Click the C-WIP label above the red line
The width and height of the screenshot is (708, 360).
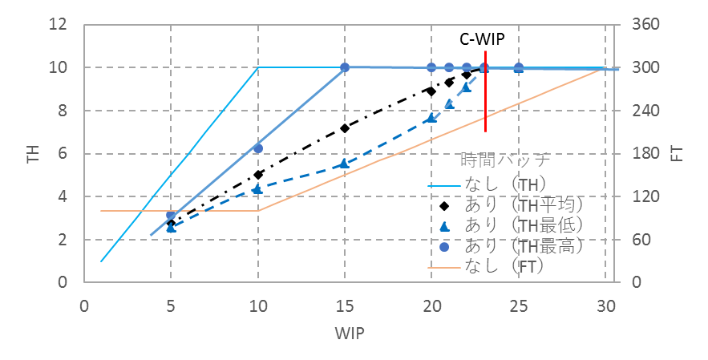[x=482, y=38]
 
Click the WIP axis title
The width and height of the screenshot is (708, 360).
[x=346, y=330]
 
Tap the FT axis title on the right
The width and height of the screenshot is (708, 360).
[x=677, y=154]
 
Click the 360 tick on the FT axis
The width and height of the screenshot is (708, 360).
[x=645, y=25]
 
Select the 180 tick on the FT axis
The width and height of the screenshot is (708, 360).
[x=645, y=154]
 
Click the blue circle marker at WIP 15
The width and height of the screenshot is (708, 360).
[x=345, y=67]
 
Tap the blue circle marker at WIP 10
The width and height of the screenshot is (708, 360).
[x=258, y=148]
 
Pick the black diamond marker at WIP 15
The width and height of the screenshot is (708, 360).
[x=345, y=128]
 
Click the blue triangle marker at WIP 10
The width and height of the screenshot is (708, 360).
[x=257, y=189]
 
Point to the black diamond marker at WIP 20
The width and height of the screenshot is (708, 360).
[x=431, y=91]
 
